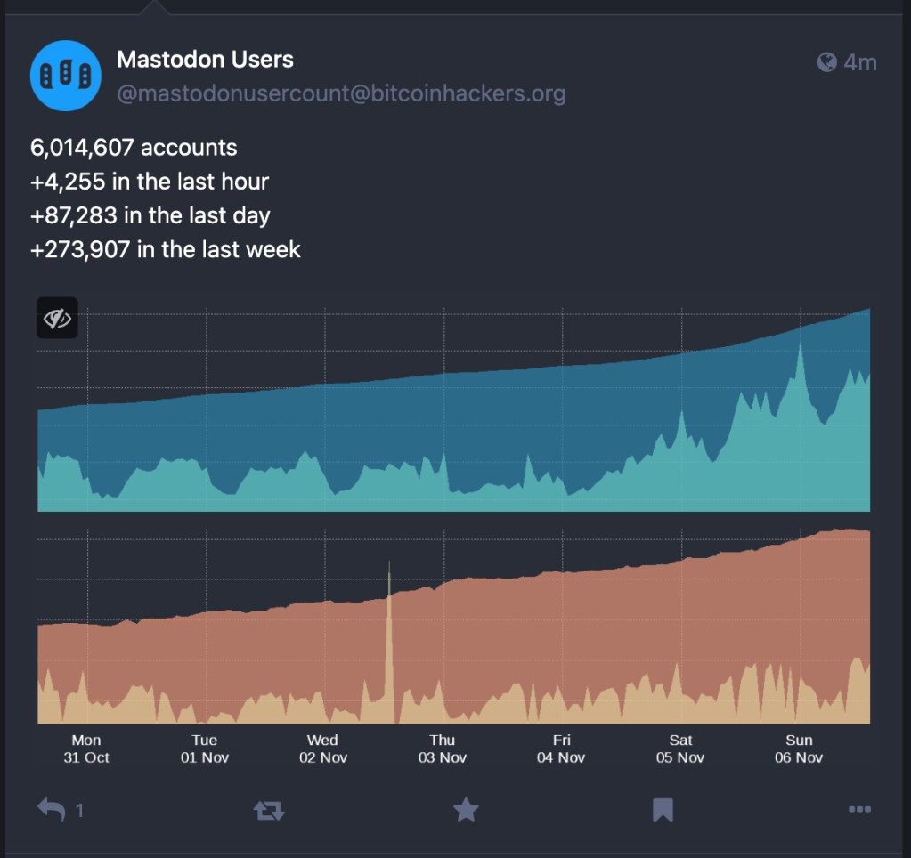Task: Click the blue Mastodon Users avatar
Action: click(x=66, y=76)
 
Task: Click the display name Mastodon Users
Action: click(x=205, y=61)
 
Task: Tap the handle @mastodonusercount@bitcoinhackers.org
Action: click(x=341, y=94)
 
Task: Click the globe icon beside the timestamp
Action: click(x=827, y=61)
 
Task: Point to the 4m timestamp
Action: click(x=860, y=61)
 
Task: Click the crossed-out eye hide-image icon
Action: click(x=57, y=318)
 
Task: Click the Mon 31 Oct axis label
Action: click(x=86, y=749)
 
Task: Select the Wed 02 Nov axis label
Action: click(x=322, y=749)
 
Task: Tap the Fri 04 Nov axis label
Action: click(x=561, y=749)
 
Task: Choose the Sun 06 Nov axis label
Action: click(x=799, y=749)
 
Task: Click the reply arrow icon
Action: click(x=51, y=809)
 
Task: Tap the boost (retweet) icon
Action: click(x=269, y=809)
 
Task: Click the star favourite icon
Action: click(x=466, y=809)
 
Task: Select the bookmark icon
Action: click(x=662, y=809)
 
